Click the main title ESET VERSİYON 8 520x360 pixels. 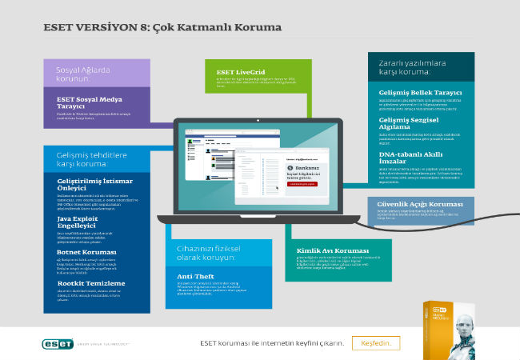162,27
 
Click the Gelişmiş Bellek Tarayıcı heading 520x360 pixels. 420,93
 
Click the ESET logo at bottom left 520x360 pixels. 62,343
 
